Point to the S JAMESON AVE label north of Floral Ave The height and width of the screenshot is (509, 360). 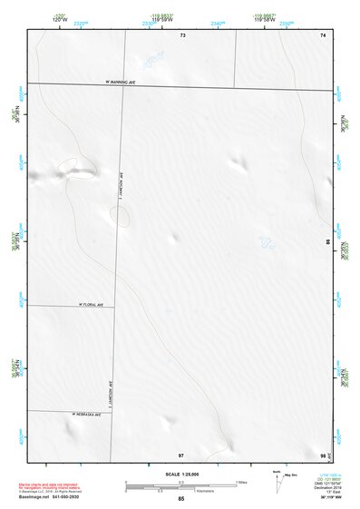tap(121, 189)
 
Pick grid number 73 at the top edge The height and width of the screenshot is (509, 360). tap(181, 34)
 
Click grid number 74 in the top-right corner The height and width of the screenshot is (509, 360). tap(322, 34)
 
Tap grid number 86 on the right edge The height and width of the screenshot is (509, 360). tap(327, 242)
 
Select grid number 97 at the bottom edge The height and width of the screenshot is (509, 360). tap(180, 453)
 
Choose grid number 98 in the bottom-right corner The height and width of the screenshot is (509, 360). tap(323, 453)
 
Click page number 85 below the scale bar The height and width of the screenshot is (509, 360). tap(181, 499)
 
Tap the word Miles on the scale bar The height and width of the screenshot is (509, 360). tap(242, 481)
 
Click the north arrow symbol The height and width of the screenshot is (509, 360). tap(277, 480)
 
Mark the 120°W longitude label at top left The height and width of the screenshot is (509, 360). tap(36, 17)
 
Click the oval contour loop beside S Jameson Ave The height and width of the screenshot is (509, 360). tap(119, 215)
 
